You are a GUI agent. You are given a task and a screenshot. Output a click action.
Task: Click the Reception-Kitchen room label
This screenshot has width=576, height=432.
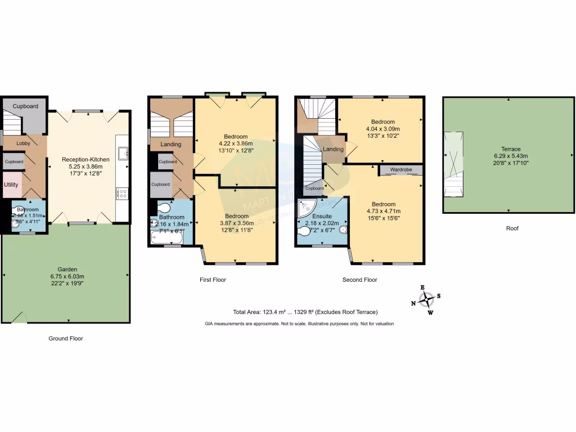tap(85, 159)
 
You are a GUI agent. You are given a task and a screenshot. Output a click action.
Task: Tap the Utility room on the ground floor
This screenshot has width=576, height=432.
tap(11, 184)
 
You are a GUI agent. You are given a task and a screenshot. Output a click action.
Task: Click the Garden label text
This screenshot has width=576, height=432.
tap(66, 269)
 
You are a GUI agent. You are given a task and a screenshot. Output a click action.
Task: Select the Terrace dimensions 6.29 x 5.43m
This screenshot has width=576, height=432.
tap(508, 156)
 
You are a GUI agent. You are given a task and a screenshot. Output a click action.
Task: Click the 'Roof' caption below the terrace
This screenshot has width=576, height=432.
tap(511, 228)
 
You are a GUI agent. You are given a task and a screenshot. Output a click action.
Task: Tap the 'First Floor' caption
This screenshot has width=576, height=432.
tap(213, 280)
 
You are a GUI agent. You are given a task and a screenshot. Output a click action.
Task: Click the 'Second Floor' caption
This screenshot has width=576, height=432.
tap(359, 280)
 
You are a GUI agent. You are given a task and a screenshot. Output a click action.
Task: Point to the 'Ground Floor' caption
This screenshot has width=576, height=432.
tap(65, 339)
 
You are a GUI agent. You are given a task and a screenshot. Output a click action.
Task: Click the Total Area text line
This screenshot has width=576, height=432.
tap(305, 312)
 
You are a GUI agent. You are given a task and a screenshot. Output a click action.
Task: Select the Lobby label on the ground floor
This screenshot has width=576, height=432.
tap(23, 143)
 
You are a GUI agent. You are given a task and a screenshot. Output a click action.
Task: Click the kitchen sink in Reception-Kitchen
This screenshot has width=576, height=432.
tap(122, 152)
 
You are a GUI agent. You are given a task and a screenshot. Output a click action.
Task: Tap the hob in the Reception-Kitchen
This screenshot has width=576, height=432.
tap(121, 193)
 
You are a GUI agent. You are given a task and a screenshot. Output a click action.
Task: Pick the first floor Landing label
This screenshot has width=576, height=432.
tap(170, 145)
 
